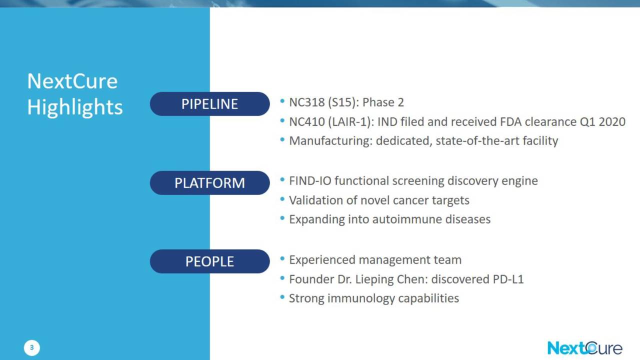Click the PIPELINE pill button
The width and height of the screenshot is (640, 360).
209,103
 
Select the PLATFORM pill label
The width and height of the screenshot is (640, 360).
209,183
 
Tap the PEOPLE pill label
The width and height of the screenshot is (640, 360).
209,261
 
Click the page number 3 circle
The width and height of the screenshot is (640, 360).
31,347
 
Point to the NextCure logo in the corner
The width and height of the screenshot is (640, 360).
584,348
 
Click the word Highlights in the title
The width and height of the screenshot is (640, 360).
75,107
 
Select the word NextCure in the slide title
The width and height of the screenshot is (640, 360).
72,81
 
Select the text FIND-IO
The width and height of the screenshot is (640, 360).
310,181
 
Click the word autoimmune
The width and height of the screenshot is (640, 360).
407,219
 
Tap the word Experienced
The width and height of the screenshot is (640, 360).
322,260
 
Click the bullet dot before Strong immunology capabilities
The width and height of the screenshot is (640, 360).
282,297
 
